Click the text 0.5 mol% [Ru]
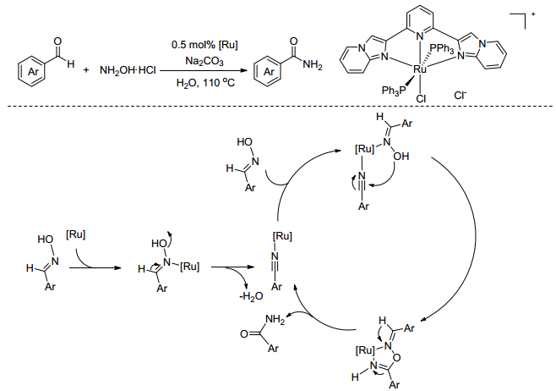tap(204, 45)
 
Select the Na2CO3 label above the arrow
tap(204, 62)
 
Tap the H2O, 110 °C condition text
tap(205, 83)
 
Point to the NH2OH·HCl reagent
tap(128, 70)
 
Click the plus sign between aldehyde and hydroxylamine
tap(86, 70)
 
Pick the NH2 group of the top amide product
tap(313, 65)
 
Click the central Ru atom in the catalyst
tap(420, 69)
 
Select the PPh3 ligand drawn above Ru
tap(442, 48)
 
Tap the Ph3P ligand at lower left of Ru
tap(393, 91)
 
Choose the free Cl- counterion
tap(460, 95)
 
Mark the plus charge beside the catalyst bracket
tap(533, 14)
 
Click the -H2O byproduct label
tap(251, 296)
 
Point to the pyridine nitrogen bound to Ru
tap(420, 36)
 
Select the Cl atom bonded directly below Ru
tap(421, 98)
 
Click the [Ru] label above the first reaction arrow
tap(75, 234)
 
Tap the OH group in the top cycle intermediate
tap(401, 157)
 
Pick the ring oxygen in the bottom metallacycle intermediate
tap(397, 358)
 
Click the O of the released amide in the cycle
tap(243, 334)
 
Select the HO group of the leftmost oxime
tap(46, 240)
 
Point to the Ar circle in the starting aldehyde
tap(33, 71)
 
